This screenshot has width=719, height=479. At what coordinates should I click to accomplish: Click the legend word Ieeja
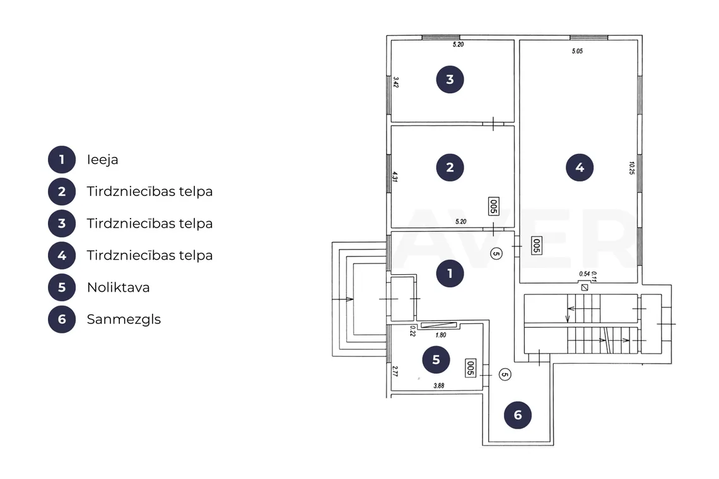point(102,159)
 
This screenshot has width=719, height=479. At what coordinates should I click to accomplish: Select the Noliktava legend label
point(119,287)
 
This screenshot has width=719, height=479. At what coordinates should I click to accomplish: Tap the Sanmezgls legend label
point(124,320)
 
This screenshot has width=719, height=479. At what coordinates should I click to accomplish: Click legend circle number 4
point(62,255)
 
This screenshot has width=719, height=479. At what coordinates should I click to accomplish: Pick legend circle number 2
point(62,192)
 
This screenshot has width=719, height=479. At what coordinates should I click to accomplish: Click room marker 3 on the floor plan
point(450,79)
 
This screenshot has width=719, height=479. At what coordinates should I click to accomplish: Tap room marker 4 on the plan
point(580,167)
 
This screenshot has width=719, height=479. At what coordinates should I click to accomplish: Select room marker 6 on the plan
point(518,415)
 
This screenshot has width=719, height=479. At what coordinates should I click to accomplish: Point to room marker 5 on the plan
point(436,360)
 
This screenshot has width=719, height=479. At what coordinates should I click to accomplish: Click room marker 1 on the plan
point(450,274)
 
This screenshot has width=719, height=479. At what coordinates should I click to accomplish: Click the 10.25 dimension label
point(632,168)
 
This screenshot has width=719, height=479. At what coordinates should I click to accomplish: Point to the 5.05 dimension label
point(577,51)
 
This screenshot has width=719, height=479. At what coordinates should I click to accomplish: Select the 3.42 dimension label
point(395,83)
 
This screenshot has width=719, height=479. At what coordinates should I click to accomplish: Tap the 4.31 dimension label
point(395,176)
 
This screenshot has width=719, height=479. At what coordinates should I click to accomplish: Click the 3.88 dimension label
point(439,386)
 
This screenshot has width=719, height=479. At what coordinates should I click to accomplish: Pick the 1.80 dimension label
point(441,335)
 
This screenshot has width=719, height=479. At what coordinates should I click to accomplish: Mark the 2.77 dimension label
point(395,371)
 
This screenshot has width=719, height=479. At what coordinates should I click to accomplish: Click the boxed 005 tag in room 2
point(493,206)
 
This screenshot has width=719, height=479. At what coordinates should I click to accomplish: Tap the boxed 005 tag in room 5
point(470,367)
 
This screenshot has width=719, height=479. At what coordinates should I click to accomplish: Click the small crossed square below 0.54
point(585,288)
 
